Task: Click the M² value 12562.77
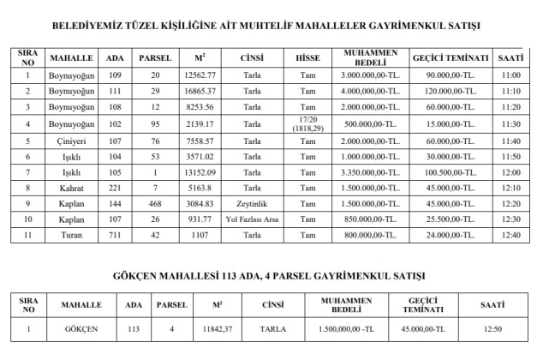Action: point(200,76)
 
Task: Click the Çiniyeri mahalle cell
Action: point(65,141)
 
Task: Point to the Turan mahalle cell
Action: point(65,233)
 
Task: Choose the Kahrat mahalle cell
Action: point(65,188)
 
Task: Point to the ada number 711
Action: point(113,233)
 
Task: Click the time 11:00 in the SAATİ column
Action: point(511,76)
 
